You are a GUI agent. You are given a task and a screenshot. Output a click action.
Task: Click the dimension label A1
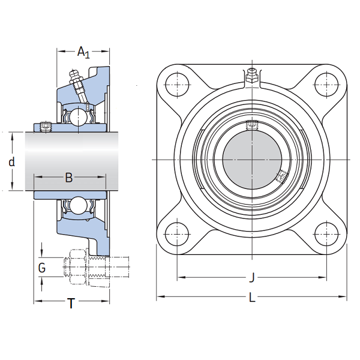pos(83,52)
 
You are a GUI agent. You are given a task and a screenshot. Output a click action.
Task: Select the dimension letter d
pos(11,162)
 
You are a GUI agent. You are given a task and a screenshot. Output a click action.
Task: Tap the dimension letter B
pos(69,178)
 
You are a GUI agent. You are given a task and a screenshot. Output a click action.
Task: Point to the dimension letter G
pos(41,268)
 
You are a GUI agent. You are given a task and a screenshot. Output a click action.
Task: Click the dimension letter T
pos(71,304)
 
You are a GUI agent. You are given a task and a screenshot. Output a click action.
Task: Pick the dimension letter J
pos(252,278)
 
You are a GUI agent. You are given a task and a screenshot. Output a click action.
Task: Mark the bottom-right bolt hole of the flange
pos(327,234)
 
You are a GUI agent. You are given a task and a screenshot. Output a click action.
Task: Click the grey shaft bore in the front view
pos(252,158)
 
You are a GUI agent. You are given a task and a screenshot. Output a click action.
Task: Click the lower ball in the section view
pos(78,206)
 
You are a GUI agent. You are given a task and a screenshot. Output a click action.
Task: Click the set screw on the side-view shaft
pos(44,127)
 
